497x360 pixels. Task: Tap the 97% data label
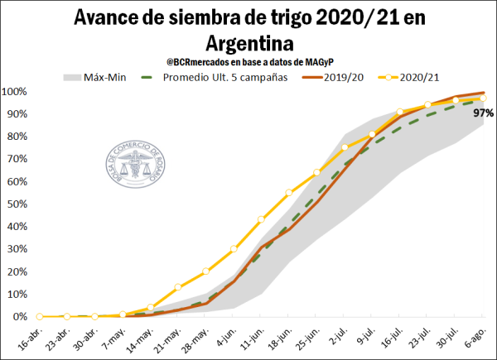(x=484, y=113)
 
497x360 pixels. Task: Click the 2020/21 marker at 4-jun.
(x=234, y=248)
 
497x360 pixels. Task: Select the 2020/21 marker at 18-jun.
(x=289, y=193)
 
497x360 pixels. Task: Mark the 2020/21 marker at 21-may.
(x=178, y=287)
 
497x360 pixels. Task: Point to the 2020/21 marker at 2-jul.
(x=345, y=147)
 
